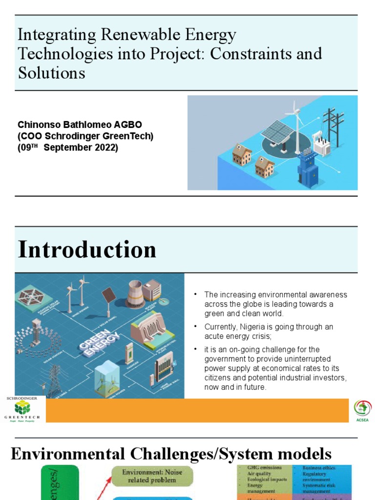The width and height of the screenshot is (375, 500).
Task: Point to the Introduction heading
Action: (87, 250)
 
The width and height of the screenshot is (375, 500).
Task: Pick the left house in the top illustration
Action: (241, 155)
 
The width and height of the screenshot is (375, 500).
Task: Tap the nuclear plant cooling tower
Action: (134, 294)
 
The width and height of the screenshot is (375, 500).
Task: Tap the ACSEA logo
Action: (362, 410)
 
